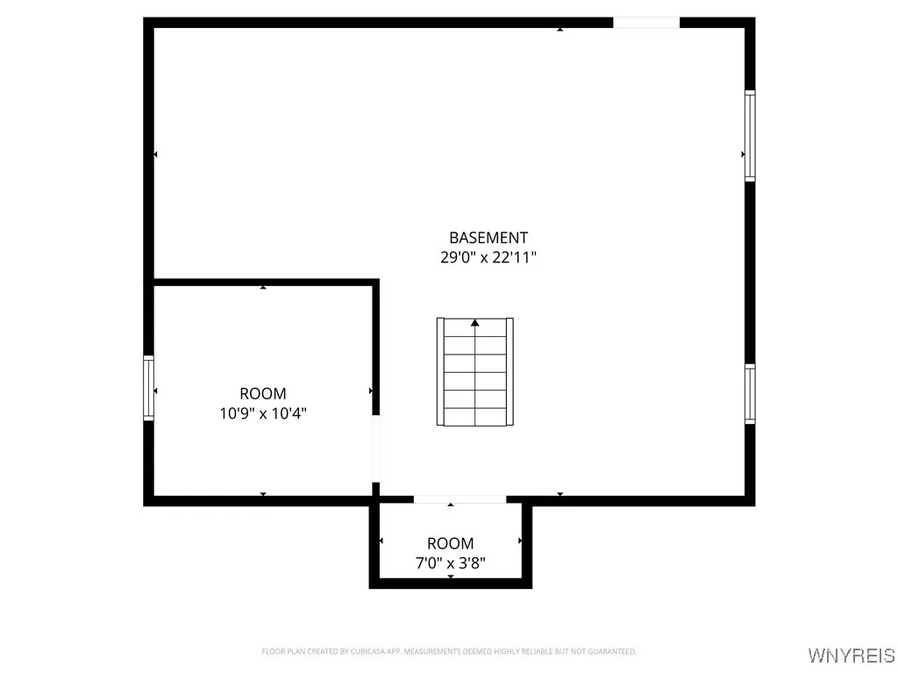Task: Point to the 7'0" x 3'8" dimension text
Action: coord(451,563)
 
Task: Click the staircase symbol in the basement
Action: coord(475,372)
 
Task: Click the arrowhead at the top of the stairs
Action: coord(475,323)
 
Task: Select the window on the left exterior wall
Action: coord(149,388)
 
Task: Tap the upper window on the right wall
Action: coord(750,136)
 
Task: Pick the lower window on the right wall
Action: coord(750,394)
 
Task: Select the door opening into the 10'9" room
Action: coord(376,448)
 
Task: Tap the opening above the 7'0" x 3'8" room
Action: coord(460,499)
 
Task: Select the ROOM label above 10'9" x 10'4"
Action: coord(263,394)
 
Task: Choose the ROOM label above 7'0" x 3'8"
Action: coord(451,543)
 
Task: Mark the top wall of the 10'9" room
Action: coord(263,282)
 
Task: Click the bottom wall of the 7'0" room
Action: coord(451,583)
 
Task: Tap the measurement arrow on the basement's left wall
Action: coord(156,154)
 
